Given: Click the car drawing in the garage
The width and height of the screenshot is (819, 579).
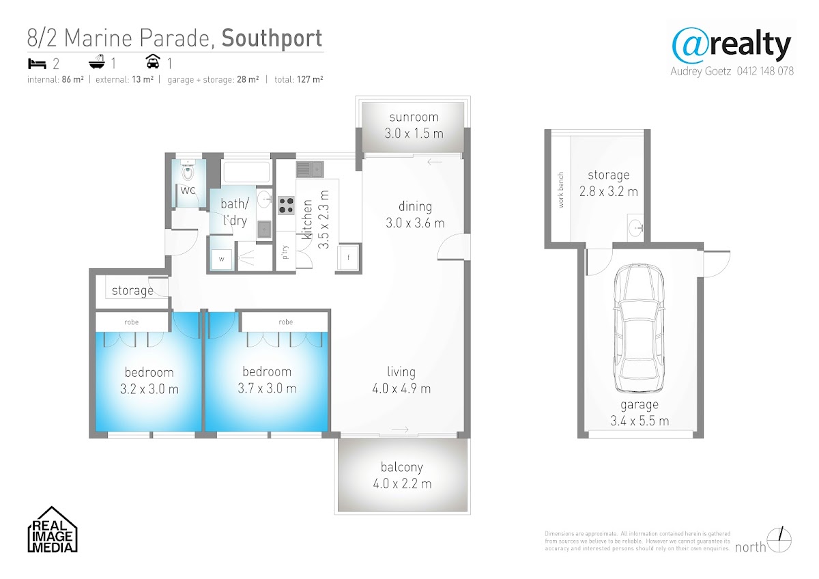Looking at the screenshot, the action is (639, 328).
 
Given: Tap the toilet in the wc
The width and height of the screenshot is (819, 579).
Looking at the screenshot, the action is (188, 170).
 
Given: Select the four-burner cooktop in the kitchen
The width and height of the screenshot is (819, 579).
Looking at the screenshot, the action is (286, 206).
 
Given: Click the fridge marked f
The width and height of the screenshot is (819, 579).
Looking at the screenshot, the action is (347, 257).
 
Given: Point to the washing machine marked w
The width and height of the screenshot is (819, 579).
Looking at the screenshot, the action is (222, 259).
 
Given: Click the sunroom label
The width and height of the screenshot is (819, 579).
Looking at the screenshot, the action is (414, 117).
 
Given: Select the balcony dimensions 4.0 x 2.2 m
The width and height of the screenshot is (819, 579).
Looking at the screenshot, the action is (402, 484).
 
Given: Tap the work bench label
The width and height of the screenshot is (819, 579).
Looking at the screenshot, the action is (560, 190).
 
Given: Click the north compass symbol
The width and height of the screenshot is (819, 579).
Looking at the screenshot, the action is (779, 540).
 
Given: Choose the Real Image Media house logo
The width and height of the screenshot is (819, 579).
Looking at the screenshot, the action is (53, 529).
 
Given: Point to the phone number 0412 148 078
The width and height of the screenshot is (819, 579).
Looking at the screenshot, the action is (765, 71).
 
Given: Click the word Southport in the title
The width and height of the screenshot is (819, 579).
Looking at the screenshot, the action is (272, 38).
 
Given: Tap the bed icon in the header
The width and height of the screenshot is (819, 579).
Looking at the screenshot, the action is (37, 63).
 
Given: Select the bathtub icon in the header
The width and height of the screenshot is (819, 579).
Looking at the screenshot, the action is (97, 62).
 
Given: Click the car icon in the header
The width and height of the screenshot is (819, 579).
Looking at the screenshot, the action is (153, 61).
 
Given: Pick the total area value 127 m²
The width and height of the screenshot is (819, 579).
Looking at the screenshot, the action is (310, 79).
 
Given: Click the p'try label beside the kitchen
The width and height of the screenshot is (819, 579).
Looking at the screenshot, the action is (285, 252).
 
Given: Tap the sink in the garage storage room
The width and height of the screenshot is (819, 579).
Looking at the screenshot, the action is (635, 227).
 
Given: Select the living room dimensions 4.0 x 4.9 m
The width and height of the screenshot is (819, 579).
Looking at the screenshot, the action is (401, 389).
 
